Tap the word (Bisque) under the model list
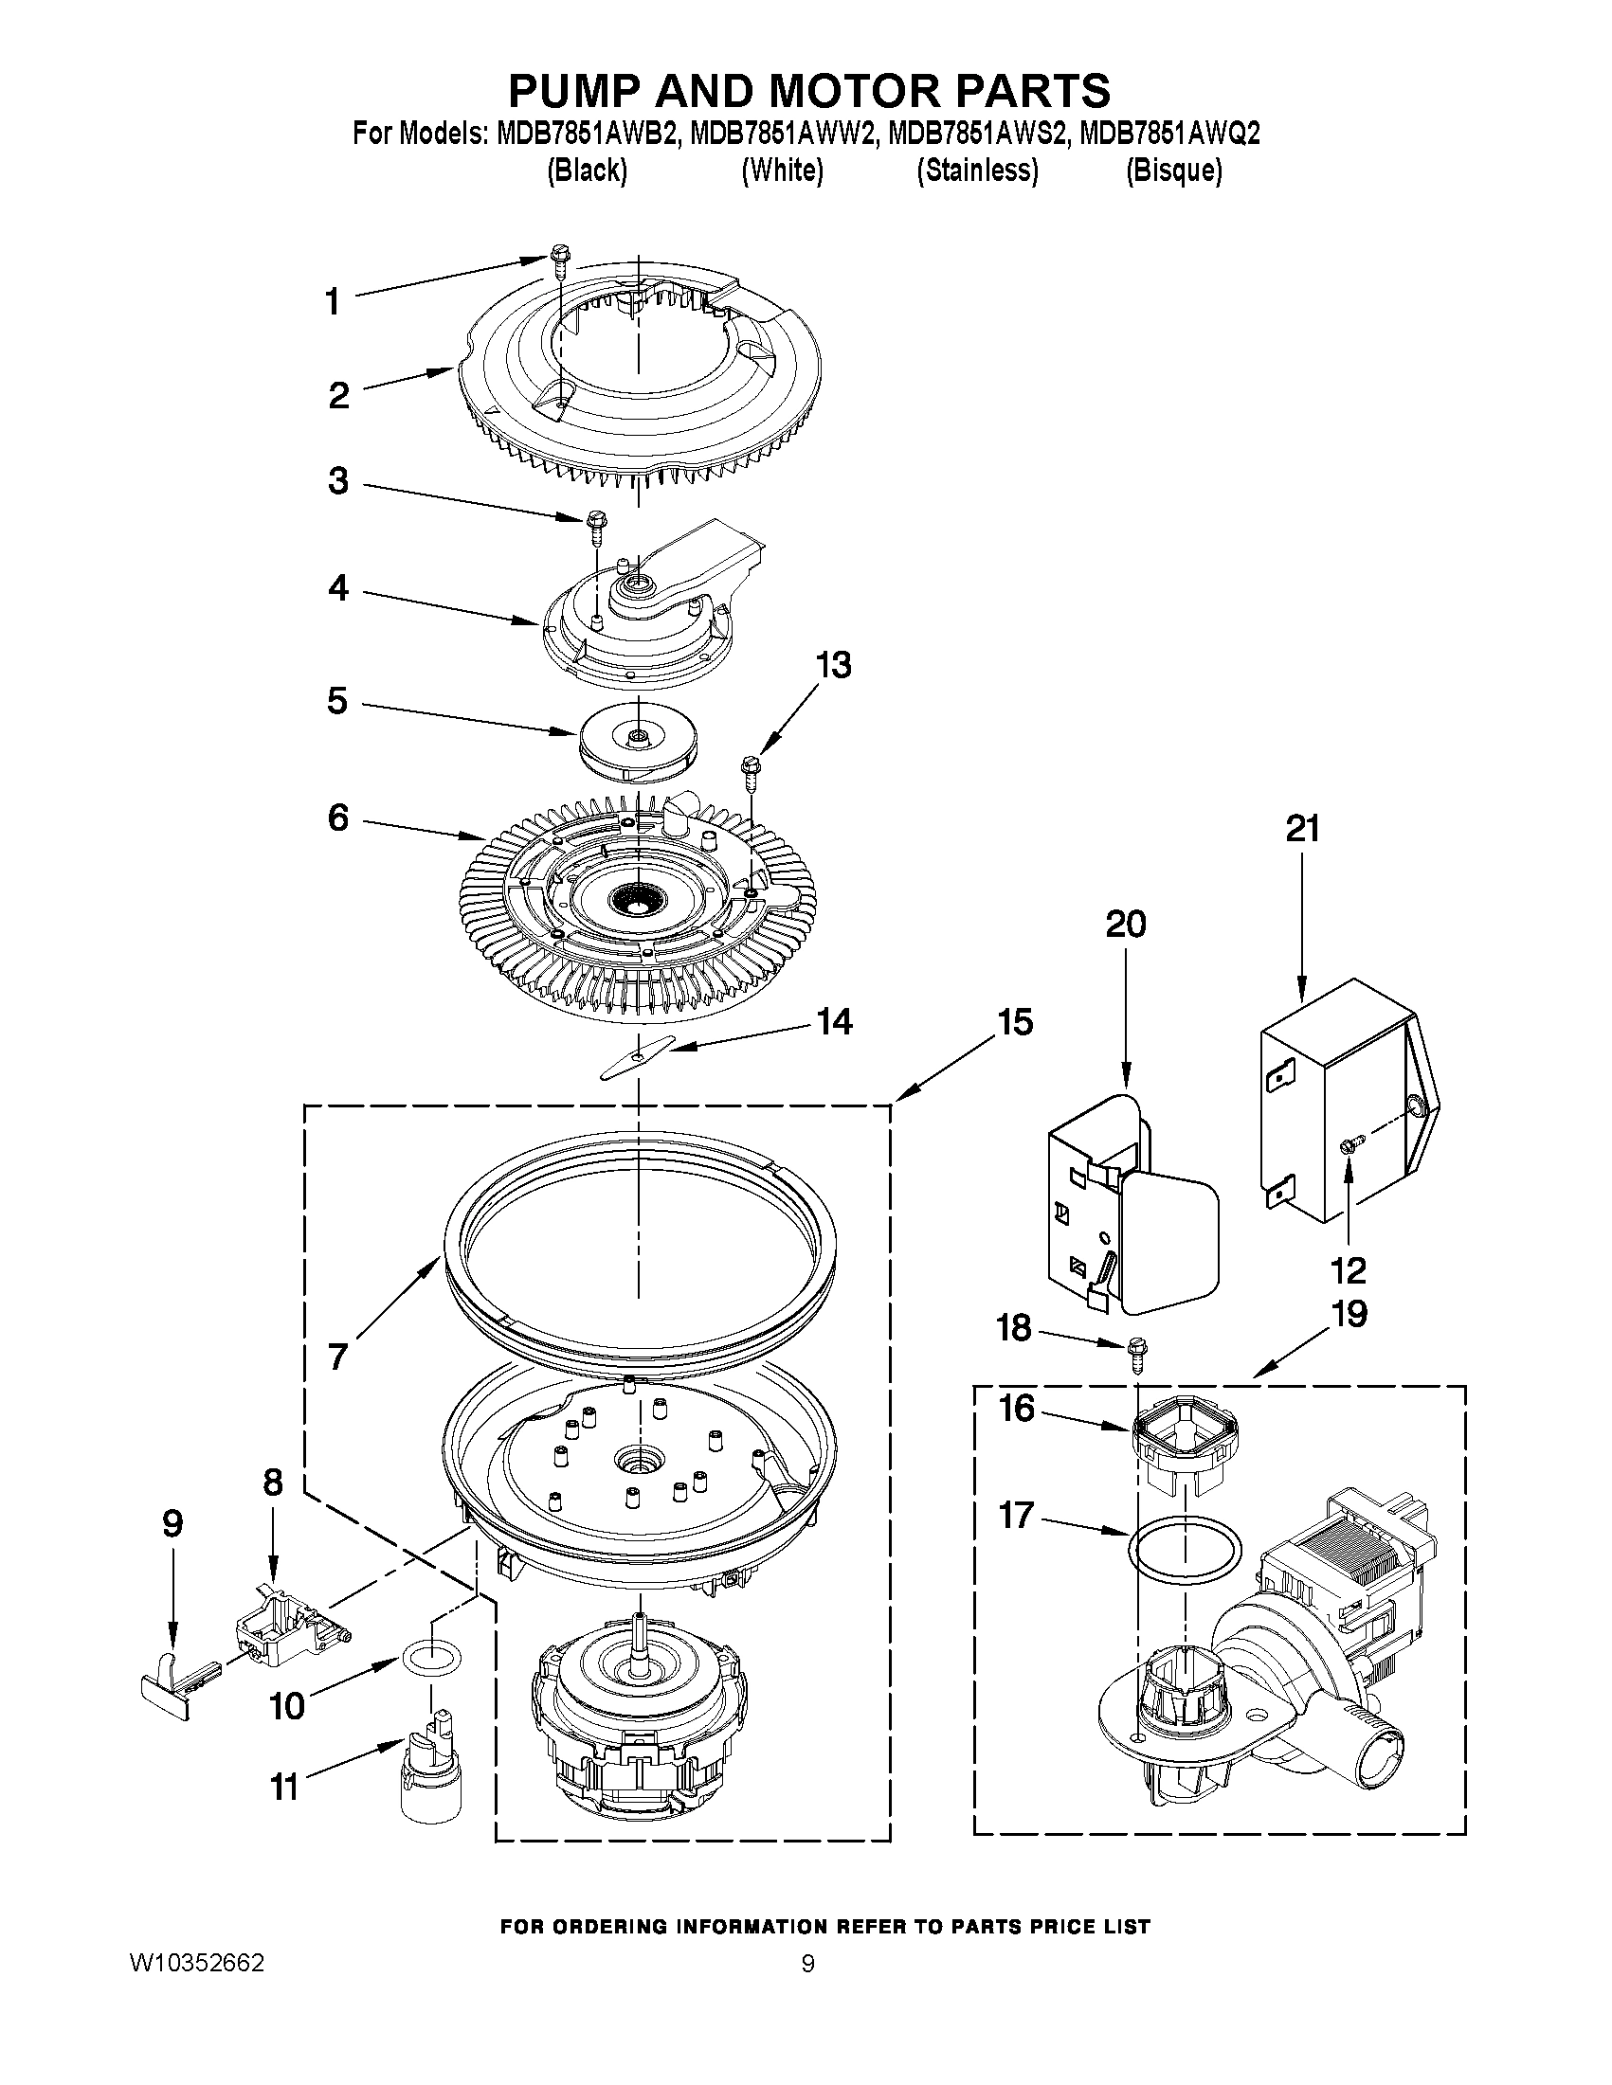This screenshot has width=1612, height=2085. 1172,171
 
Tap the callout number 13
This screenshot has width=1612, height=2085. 833,664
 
